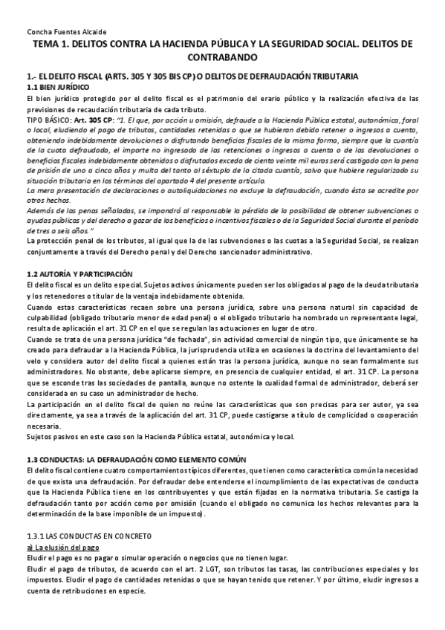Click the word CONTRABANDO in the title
point(222,57)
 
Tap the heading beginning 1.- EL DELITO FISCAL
point(192,77)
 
